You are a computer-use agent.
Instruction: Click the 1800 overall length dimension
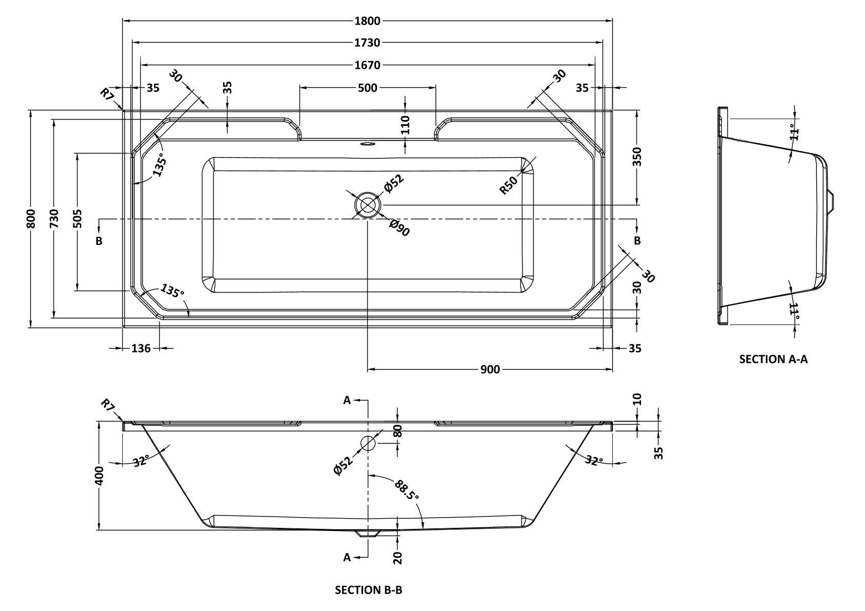[367, 21]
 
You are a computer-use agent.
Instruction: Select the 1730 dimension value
[367, 43]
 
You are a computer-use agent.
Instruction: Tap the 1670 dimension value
[367, 65]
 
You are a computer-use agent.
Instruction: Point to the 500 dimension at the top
[367, 88]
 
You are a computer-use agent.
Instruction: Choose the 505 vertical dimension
[77, 221]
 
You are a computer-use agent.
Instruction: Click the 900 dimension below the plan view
[491, 369]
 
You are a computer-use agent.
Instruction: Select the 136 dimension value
[141, 349]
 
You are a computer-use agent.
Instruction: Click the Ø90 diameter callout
[400, 227]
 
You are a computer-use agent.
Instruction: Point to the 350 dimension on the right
[637, 157]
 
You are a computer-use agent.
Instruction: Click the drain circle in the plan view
[367, 205]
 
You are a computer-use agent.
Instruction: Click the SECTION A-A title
[773, 359]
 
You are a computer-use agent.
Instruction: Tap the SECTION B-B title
[368, 590]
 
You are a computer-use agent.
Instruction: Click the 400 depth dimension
[100, 475]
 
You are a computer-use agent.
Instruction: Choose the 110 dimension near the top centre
[405, 125]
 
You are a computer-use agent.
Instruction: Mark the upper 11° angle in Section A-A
[795, 131]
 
